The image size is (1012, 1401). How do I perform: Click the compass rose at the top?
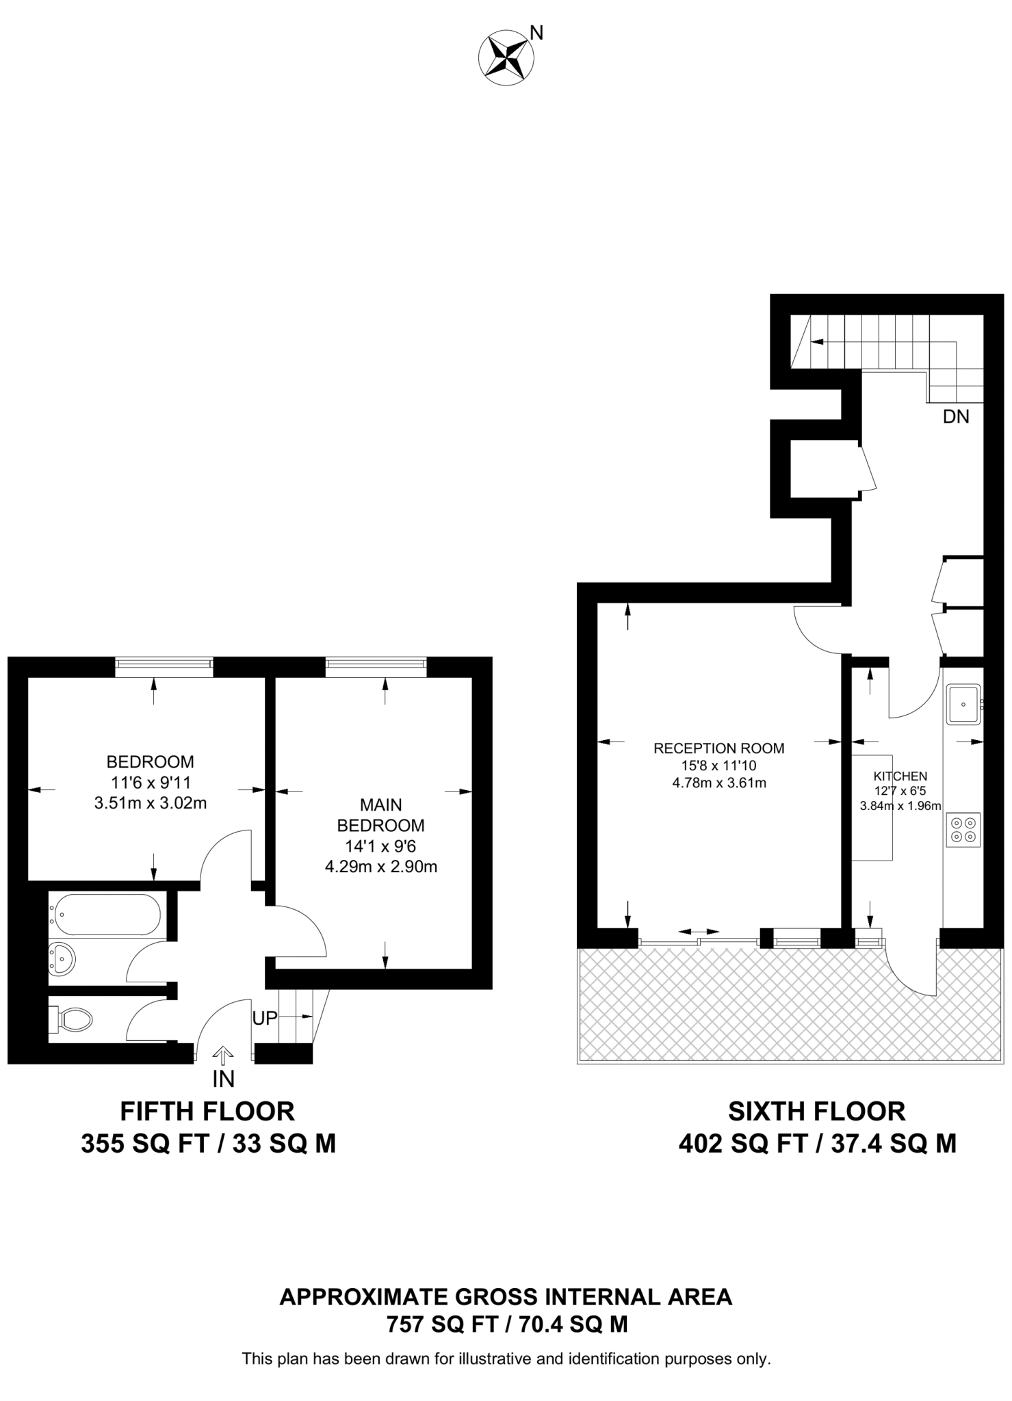(x=507, y=60)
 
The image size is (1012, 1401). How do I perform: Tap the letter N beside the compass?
(x=537, y=33)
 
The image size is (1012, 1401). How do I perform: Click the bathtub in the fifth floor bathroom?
(x=108, y=915)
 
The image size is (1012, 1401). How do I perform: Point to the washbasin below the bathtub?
(x=63, y=960)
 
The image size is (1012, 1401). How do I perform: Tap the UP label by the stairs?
(x=265, y=1018)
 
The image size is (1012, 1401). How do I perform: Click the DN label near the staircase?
(x=956, y=417)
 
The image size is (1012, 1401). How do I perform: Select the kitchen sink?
(x=963, y=705)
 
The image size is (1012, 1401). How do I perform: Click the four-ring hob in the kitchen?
(x=963, y=830)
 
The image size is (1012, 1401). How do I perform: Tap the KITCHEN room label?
(x=900, y=776)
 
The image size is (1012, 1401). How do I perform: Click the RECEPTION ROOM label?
(x=718, y=748)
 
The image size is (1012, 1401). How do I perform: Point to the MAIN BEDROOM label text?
(x=381, y=815)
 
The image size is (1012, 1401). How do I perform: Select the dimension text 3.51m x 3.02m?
(x=151, y=803)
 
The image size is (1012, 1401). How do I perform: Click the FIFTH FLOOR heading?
(x=207, y=1111)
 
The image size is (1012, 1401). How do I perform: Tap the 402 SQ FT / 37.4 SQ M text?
(x=817, y=1144)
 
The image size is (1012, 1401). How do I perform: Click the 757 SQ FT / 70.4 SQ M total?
(x=506, y=1325)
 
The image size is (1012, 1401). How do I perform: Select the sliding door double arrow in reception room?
(x=699, y=932)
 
